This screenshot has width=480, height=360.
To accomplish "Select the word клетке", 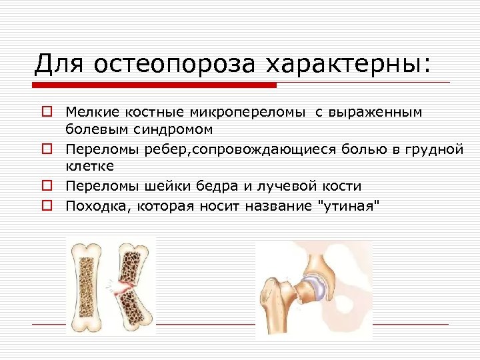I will point(90,165).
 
